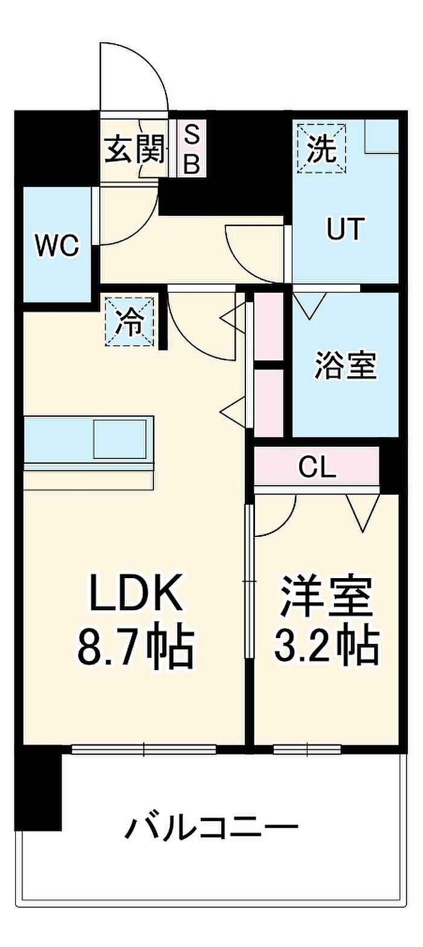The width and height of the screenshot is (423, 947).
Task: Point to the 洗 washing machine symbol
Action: tap(322, 148)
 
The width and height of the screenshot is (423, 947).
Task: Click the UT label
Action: tap(344, 229)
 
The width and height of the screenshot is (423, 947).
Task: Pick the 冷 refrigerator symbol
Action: tap(130, 321)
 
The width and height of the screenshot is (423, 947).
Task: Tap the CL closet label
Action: tap(317, 467)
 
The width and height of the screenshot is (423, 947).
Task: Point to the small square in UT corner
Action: tap(381, 136)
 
